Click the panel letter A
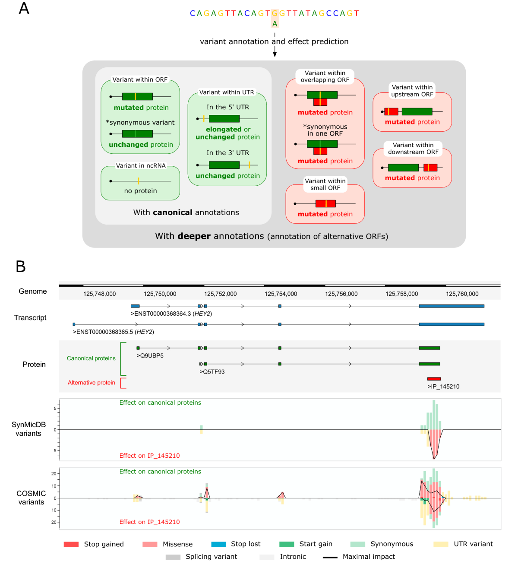click(24, 9)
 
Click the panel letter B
click(21, 266)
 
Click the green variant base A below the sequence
click(275, 24)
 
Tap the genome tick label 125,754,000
click(281, 294)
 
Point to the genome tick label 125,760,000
click(462, 294)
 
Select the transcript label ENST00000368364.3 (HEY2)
click(171, 314)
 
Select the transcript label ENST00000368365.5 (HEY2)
click(114, 332)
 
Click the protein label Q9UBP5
click(150, 355)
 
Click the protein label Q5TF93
click(212, 371)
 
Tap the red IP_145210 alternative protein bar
click(434, 379)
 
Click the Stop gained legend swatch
click(71, 544)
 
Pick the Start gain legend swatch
click(287, 544)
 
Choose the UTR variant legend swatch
click(441, 544)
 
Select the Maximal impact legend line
click(330, 557)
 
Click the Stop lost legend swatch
click(218, 544)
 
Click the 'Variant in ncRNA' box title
click(141, 165)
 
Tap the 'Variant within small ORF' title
click(325, 184)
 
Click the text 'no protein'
click(140, 191)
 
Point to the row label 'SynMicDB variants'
click(28, 429)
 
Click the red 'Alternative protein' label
click(92, 383)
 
